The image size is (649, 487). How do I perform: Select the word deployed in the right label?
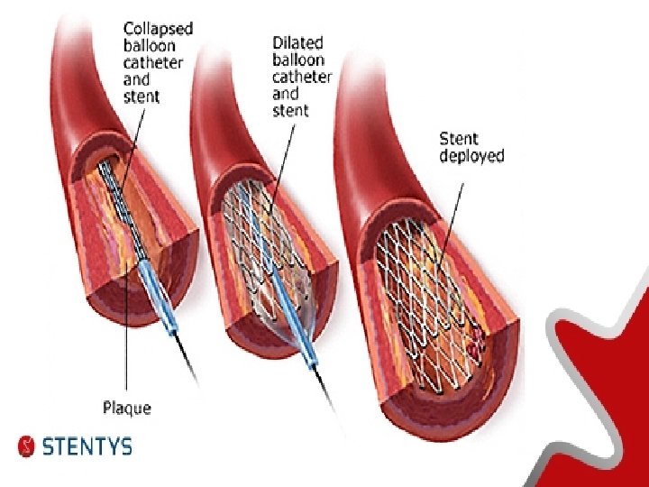click(x=471, y=156)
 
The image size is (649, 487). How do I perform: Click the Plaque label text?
click(x=126, y=409)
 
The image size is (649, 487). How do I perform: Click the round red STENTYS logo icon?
click(x=28, y=446)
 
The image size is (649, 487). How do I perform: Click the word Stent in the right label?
click(x=460, y=138)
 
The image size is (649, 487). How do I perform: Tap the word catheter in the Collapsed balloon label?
click(x=152, y=62)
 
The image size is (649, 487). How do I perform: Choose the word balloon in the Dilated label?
click(x=297, y=60)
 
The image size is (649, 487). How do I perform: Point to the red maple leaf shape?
click(x=604, y=361)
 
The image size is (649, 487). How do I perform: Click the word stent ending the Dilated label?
click(x=290, y=111)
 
